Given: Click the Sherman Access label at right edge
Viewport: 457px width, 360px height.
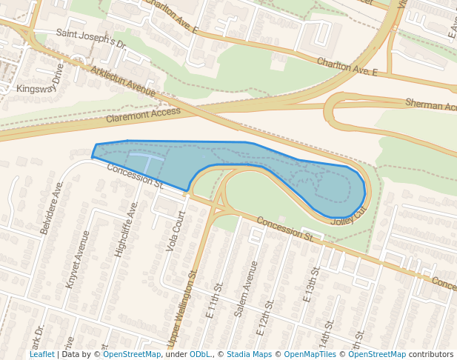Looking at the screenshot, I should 430,104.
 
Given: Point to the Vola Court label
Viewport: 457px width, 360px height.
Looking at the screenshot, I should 176,230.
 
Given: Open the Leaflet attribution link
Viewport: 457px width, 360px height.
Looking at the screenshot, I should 41,354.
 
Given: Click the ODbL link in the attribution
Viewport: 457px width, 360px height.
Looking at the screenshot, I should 199,354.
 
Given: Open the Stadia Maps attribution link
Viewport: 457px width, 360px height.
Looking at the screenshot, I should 249,354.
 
